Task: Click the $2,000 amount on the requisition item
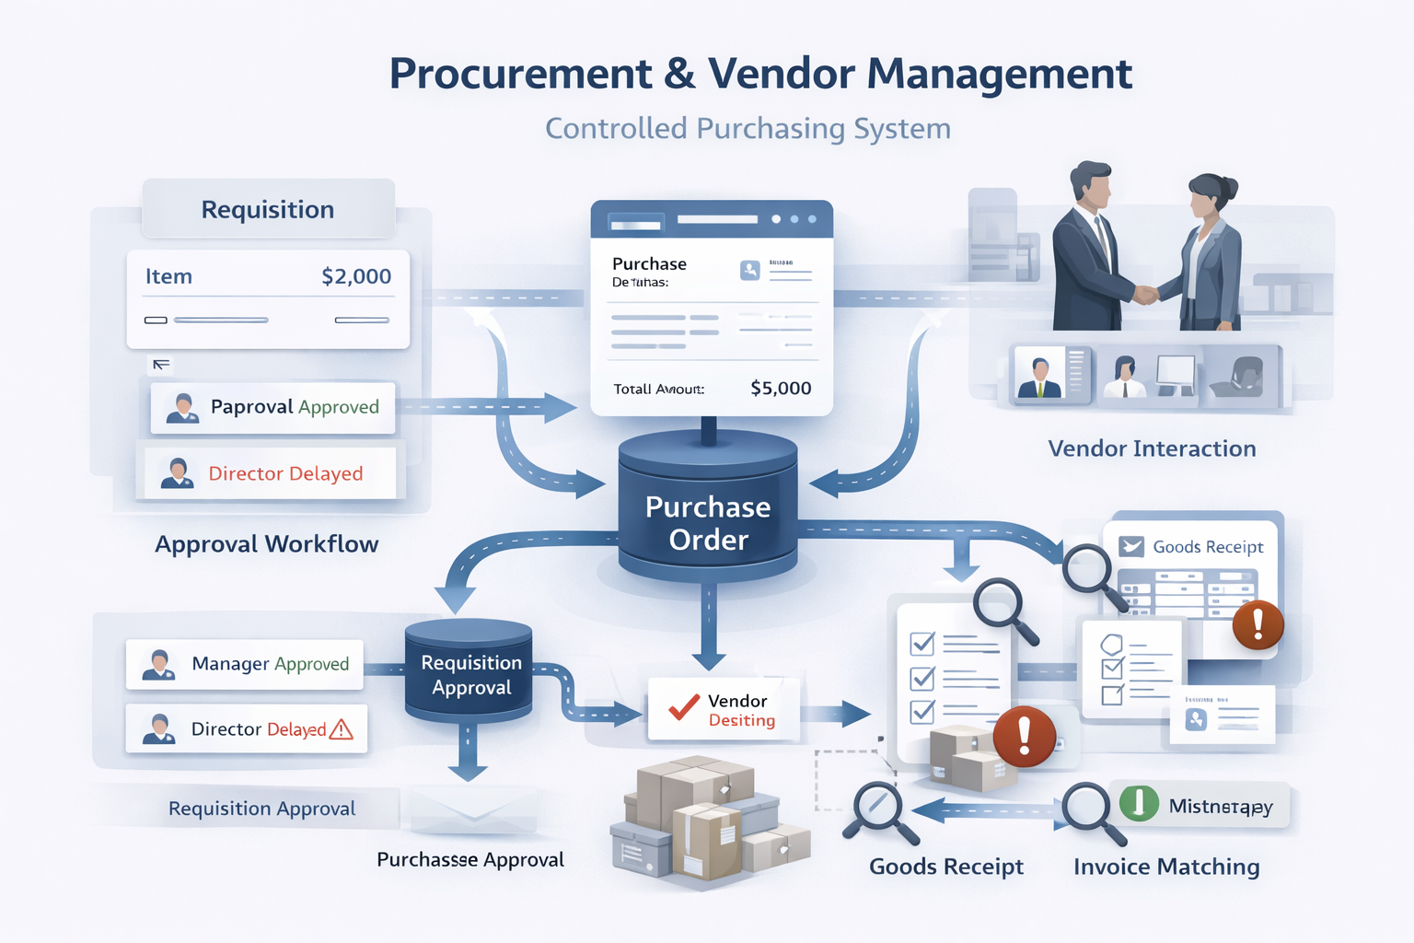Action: (x=356, y=276)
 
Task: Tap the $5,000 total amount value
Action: (x=781, y=388)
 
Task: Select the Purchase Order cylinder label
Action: (x=708, y=523)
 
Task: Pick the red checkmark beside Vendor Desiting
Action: (x=684, y=707)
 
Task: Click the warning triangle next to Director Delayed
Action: (x=342, y=729)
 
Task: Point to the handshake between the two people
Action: (x=1144, y=294)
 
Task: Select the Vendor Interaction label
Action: (x=1152, y=448)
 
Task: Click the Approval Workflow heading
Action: (x=266, y=544)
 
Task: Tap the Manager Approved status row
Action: (x=245, y=664)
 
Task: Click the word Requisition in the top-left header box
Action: (x=268, y=210)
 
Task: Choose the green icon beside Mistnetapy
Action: (x=1139, y=803)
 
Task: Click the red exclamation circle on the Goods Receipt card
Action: (x=1258, y=625)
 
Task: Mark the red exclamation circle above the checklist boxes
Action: (x=1024, y=737)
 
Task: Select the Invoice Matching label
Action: (x=1166, y=867)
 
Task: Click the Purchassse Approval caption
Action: (x=469, y=859)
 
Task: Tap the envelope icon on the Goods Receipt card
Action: (x=1130, y=546)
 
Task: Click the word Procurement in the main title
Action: (x=520, y=74)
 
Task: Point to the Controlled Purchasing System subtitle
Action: (x=748, y=128)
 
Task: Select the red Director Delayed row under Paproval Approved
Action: (x=266, y=473)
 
